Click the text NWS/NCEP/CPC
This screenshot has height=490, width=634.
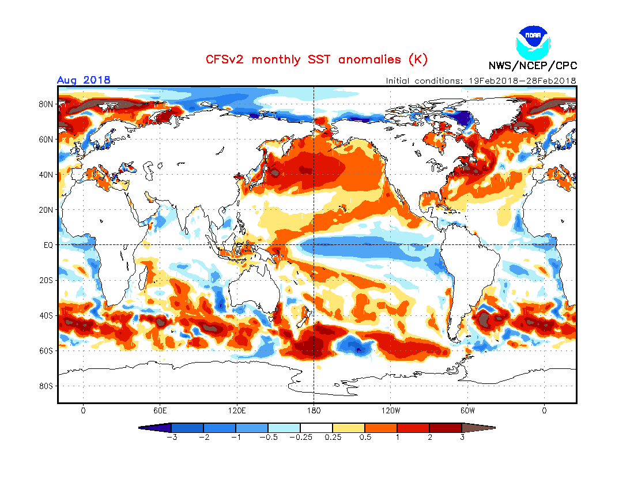pos(533,66)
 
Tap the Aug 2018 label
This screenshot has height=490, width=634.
pos(84,80)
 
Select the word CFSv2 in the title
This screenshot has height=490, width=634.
pos(227,59)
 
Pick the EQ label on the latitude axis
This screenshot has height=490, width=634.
pos(49,245)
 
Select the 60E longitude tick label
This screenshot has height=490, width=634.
pos(160,411)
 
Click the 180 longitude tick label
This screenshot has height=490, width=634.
pos(314,411)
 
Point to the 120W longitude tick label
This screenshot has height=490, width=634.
pos(390,411)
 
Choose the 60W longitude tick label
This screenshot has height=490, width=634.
pos(467,411)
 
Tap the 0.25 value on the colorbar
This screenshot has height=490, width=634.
pos(331,438)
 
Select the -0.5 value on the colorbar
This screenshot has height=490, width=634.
pos(268,438)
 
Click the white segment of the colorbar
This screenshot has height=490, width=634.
pos(316,428)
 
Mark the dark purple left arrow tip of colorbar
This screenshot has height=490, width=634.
pos(154,428)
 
